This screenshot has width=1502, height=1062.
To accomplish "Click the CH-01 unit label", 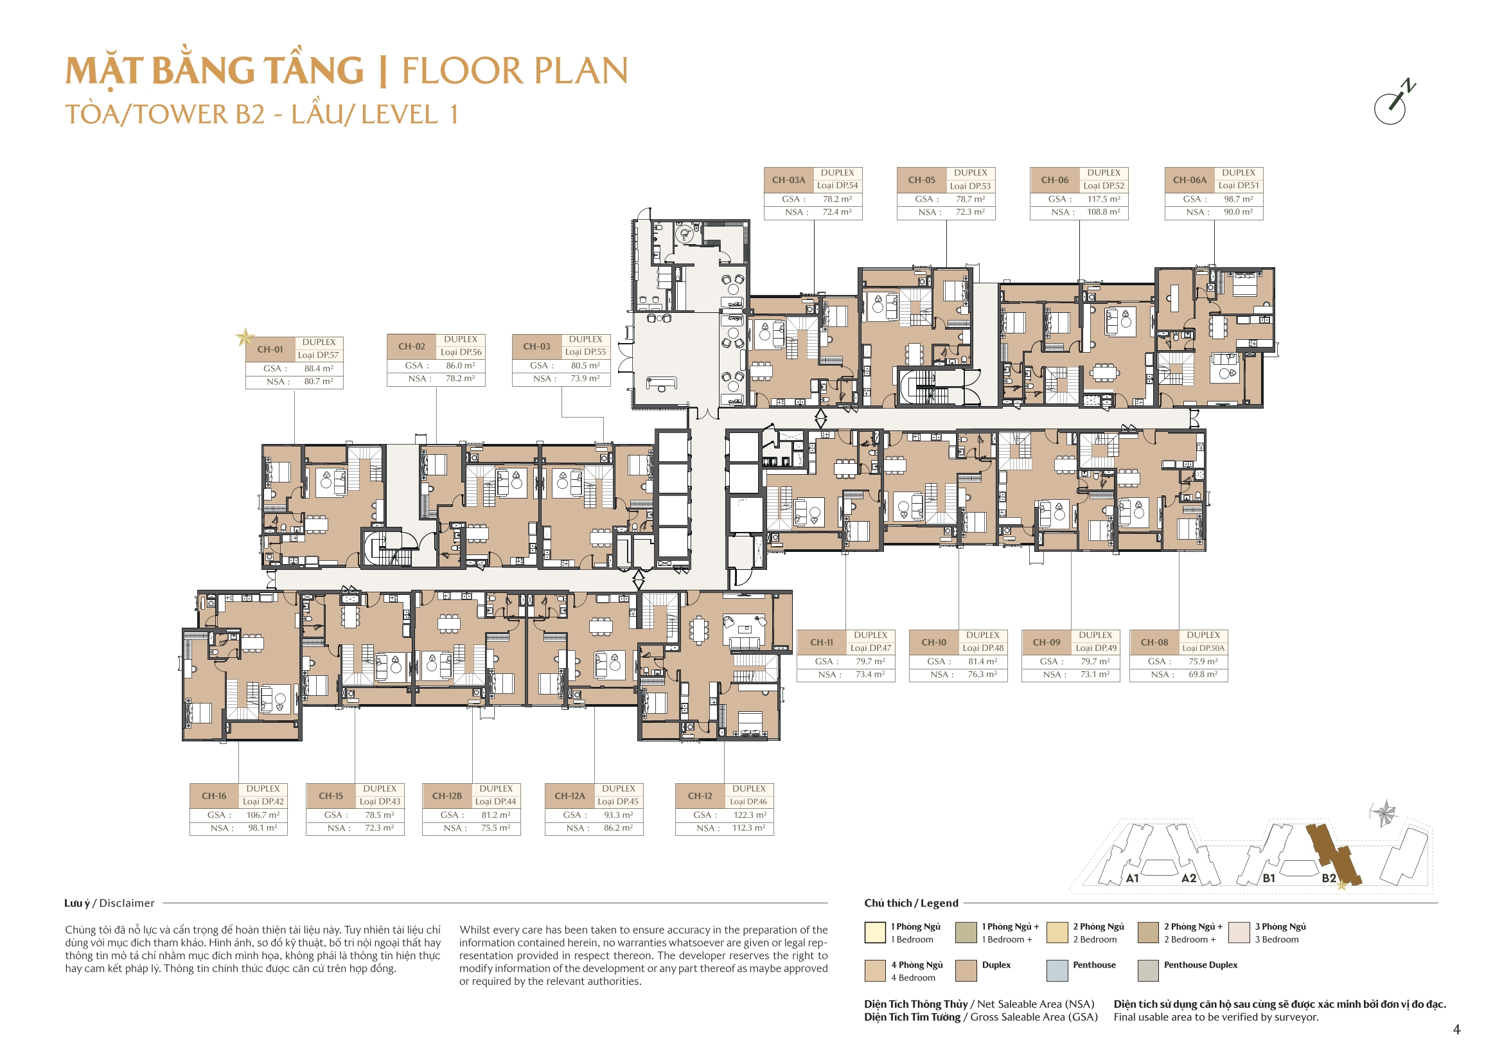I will pos(270,350).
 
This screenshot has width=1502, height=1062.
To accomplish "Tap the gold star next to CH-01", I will pos(245,338).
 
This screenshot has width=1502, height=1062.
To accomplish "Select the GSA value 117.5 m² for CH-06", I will pos(1104,199).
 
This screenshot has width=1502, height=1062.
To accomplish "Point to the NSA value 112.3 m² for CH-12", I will pos(749,827).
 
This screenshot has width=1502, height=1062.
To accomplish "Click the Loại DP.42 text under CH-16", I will pos(263,802).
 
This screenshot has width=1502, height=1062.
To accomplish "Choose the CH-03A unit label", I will pos(788,180).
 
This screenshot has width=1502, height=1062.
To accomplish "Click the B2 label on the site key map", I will pos(1329,878).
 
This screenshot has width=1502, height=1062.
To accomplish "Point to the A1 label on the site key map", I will pos(1133,878).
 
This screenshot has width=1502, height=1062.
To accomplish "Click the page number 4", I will pos(1456,1029).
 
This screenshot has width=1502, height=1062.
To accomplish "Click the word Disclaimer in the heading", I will pos(127,903).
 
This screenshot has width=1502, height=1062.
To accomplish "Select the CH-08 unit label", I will pos(1154,642).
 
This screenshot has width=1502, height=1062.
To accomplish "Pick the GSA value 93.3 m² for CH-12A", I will pos(618,815).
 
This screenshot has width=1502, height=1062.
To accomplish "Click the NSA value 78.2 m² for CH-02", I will pos(461,378).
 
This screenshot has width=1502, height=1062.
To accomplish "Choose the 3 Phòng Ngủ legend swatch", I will pos(1239,932).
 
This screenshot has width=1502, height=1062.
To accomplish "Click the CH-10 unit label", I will pos(933,642).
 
